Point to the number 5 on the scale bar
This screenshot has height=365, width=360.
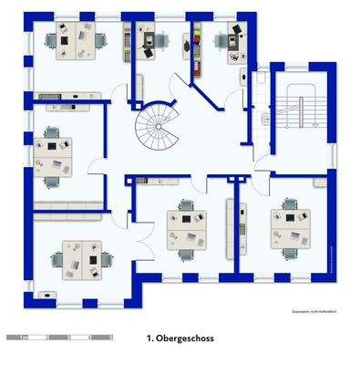tap(110, 338)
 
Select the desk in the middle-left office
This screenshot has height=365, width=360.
tap(55, 155)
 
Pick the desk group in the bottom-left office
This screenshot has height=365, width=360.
tap(82, 259)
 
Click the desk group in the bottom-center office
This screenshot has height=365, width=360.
tap(186, 228)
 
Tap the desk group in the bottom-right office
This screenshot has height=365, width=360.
tap(291, 225)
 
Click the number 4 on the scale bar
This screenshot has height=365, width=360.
tap(89, 338)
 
